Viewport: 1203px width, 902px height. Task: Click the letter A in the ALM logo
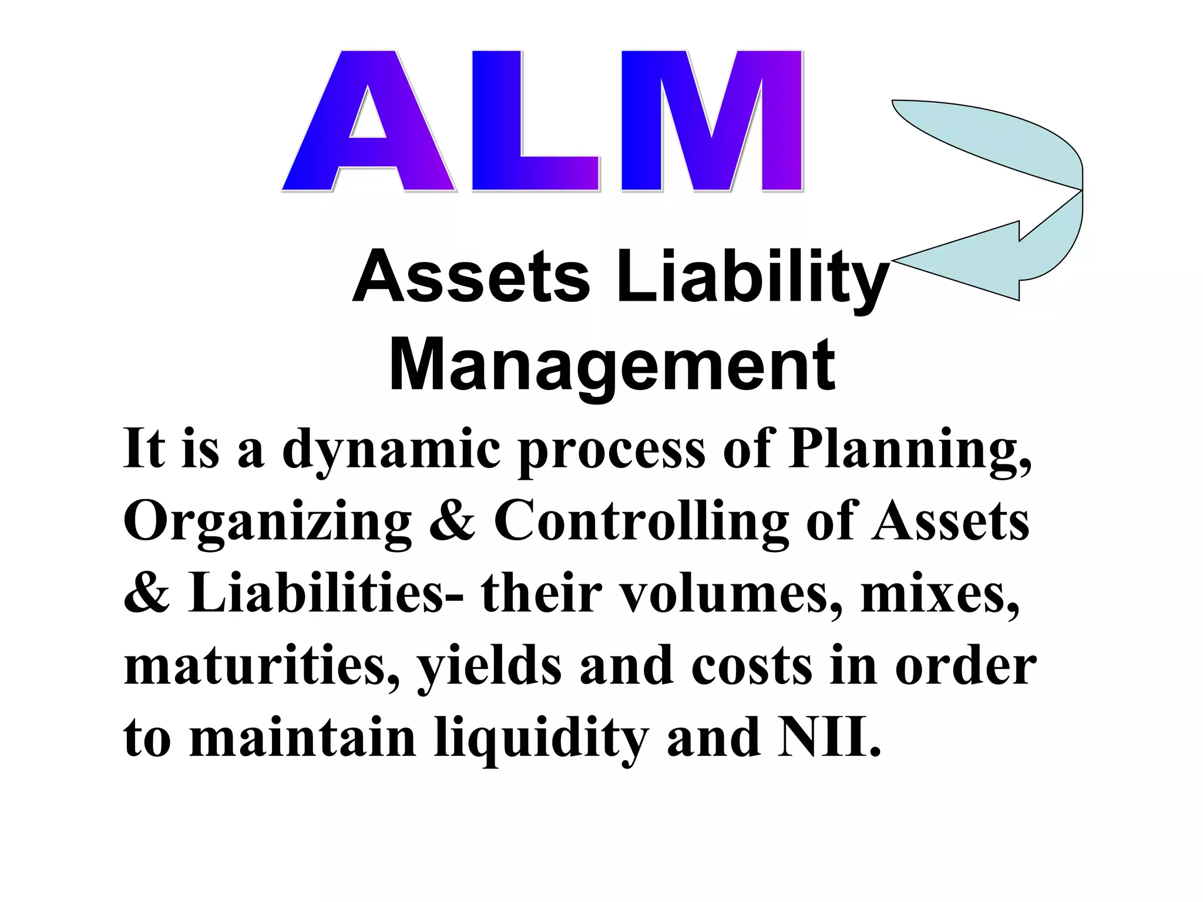click(x=368, y=123)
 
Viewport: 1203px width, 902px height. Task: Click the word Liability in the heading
click(x=752, y=277)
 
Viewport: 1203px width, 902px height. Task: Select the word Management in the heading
click(x=611, y=365)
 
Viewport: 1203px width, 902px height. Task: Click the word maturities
click(x=261, y=667)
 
